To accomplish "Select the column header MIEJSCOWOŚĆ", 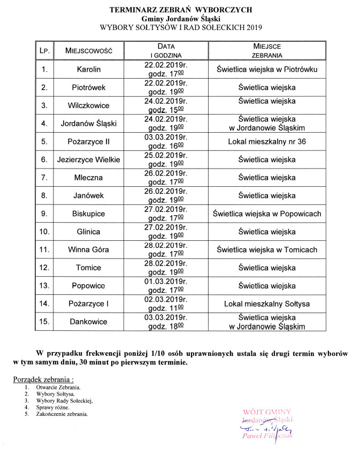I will click(x=88, y=51).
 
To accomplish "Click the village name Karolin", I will click(x=88, y=69).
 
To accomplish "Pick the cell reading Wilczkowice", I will click(x=88, y=105).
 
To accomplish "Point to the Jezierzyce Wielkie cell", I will click(x=88, y=159).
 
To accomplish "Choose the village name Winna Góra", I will click(x=88, y=250).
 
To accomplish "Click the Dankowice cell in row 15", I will click(x=88, y=322).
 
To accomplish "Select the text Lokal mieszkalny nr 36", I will click(x=267, y=141).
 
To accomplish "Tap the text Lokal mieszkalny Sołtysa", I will click(x=267, y=304).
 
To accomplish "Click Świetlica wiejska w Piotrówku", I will click(x=267, y=69).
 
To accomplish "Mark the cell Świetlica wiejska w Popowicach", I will click(x=267, y=214).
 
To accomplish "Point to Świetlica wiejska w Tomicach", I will click(x=267, y=250).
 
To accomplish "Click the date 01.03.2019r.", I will click(x=166, y=281).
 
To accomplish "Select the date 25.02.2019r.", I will click(x=166, y=155).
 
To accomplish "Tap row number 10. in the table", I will click(x=45, y=232).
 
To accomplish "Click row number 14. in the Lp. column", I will click(x=45, y=304).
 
